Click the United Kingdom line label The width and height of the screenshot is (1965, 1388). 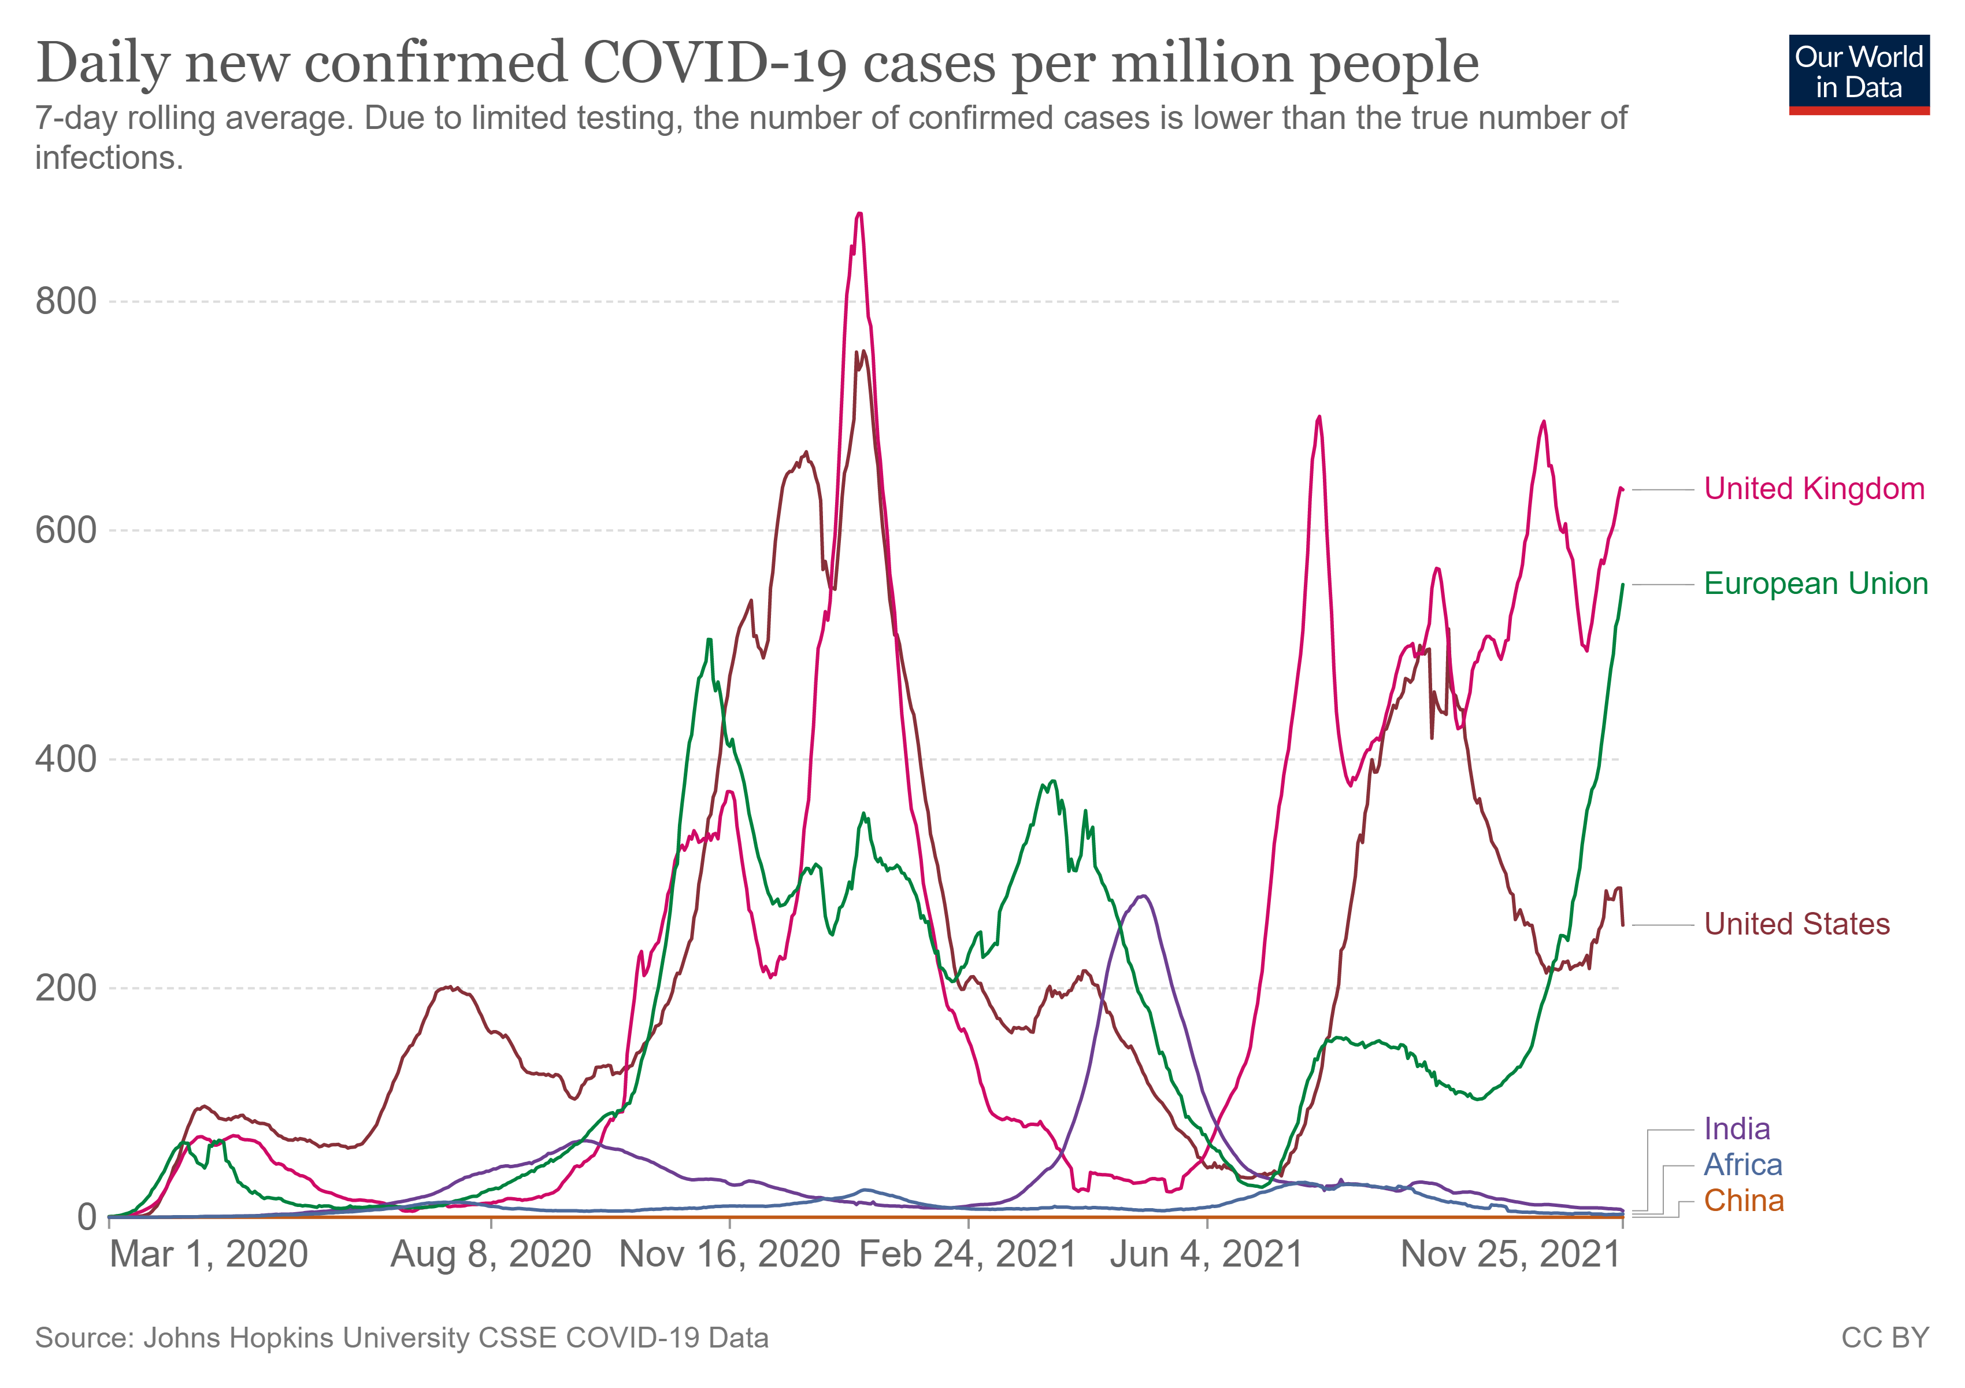tap(1814, 489)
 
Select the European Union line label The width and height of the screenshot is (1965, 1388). tap(1815, 584)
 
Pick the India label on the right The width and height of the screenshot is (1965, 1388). tap(1737, 1128)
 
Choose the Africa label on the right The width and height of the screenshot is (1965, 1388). tap(1742, 1165)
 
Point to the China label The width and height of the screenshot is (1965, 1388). tap(1743, 1201)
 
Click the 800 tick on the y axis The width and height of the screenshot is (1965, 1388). tap(66, 301)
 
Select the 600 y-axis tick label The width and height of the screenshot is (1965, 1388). tap(66, 530)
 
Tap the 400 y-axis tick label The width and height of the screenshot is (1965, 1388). tap(66, 759)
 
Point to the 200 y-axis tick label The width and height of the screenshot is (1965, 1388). tap(66, 987)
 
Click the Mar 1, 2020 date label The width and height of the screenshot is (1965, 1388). tap(209, 1254)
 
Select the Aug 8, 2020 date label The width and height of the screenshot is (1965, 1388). tap(491, 1254)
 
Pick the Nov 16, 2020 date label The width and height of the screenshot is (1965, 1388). tap(729, 1254)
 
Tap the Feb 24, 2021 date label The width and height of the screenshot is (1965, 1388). tap(968, 1254)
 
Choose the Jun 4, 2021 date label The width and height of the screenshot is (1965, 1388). tap(1206, 1254)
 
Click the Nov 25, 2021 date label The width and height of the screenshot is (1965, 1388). tap(1511, 1254)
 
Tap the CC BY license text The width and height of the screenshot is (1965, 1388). tap(1885, 1338)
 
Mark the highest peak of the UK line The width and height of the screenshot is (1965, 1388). tap(859, 213)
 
